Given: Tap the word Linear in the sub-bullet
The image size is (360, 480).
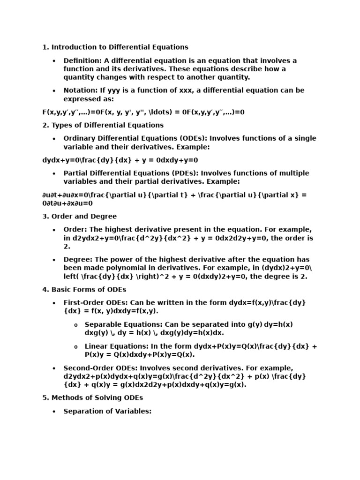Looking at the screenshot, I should [97, 346].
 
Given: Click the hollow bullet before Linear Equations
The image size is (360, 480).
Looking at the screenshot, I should [75, 347].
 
